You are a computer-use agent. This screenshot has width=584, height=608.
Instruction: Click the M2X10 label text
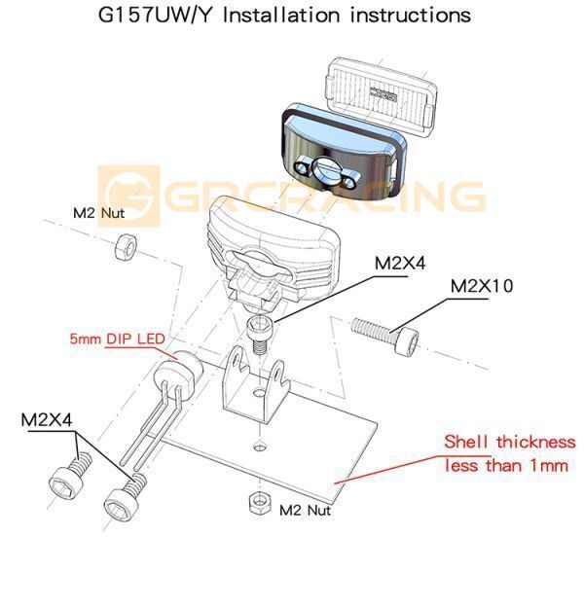(494, 287)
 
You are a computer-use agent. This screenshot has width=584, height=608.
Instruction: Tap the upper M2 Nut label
(98, 212)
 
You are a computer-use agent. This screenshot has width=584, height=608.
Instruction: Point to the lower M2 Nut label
(305, 509)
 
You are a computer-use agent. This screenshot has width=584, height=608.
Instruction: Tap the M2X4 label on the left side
(49, 421)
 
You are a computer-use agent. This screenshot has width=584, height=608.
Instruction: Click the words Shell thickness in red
(509, 442)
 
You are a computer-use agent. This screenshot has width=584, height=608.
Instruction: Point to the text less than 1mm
(505, 466)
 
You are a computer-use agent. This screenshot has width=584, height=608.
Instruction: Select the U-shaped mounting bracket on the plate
(251, 383)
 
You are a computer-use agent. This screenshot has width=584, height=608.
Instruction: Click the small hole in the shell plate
(257, 447)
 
